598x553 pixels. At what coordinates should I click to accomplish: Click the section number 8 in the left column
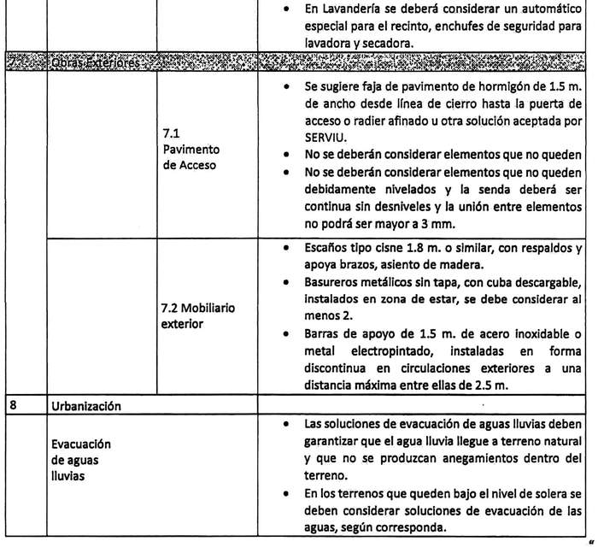12,406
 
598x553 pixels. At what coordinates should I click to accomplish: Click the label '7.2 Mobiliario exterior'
197,315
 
